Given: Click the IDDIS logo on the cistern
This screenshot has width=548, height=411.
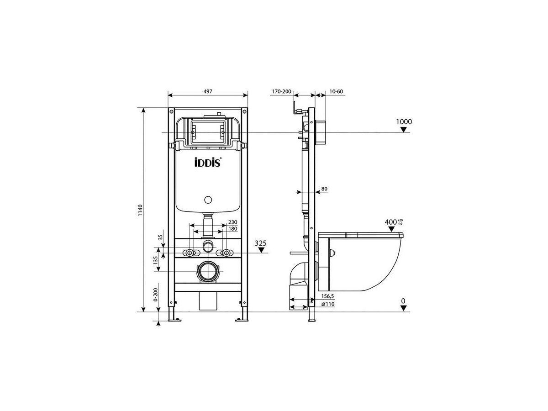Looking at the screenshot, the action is click(x=208, y=163).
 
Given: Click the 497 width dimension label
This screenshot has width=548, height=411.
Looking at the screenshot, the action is click(x=208, y=91).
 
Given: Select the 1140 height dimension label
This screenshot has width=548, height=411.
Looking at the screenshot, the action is click(x=140, y=210).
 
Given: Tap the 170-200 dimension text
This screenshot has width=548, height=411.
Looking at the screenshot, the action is click(x=281, y=92).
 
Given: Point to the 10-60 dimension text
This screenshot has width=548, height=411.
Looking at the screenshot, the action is click(x=336, y=92).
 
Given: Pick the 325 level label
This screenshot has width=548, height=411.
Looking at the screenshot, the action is click(x=261, y=243).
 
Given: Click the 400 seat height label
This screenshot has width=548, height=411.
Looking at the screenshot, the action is click(x=391, y=222).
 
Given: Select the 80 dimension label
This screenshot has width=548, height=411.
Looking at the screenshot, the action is click(x=324, y=189).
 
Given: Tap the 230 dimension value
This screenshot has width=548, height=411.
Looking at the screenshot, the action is click(x=233, y=222).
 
